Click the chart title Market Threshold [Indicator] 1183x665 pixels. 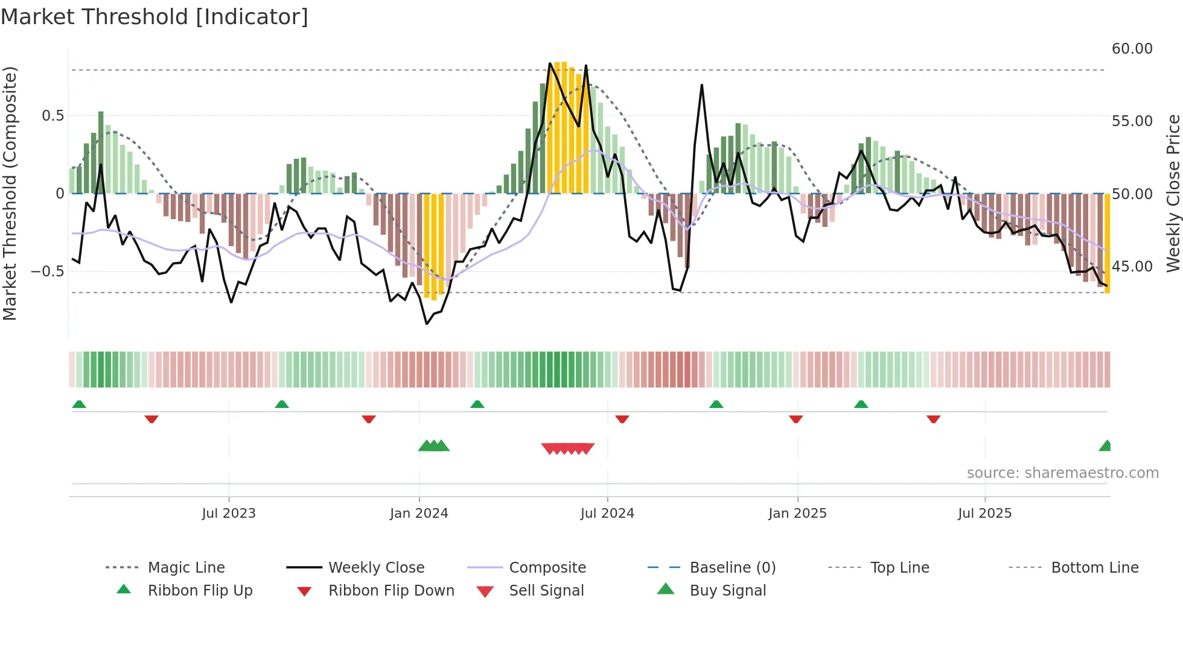coord(155,17)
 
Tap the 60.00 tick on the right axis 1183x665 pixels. coord(1132,49)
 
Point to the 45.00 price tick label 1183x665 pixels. coord(1132,267)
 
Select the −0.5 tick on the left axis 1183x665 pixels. coord(47,271)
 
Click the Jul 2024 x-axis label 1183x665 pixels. coord(607,514)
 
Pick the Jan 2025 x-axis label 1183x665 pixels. coord(797,514)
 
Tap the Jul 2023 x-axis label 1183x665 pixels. coord(229,514)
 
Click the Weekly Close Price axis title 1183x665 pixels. coord(1173,193)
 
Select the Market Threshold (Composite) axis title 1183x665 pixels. coord(10,193)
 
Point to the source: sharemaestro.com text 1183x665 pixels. coord(1062,473)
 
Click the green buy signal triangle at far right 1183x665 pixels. coord(1106,446)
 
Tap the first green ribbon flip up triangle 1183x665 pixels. coord(79,404)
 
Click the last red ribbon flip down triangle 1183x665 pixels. coord(933,419)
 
